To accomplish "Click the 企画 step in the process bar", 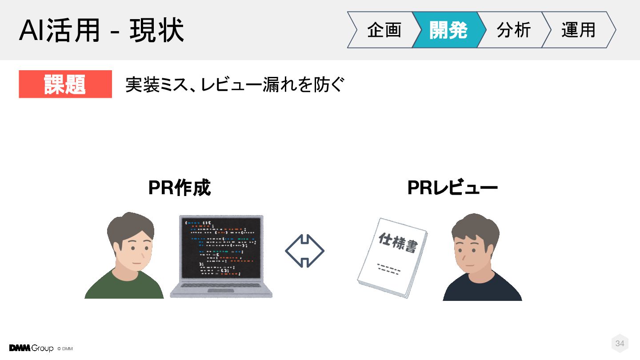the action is coord(384,30).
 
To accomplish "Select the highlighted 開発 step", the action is coord(448,30).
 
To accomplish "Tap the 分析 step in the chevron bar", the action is coord(513,30).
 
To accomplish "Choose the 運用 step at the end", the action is coord(578,30).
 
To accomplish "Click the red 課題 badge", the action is coord(65,84).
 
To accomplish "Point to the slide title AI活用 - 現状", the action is coord(101,30).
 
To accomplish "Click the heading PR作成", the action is coord(180,188).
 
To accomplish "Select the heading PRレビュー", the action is coord(452,188).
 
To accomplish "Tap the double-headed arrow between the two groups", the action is coord(304,251).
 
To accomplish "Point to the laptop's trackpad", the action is coord(221,291).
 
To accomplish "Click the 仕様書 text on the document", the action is coord(398,242).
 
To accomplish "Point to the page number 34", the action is coord(620,343).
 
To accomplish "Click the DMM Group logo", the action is coord(31,348).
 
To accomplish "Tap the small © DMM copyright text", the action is coord(65,349).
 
